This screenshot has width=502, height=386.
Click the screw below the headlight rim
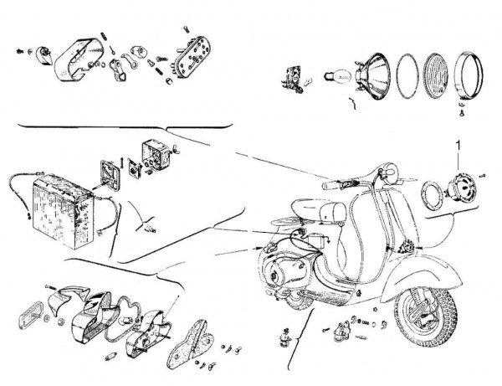click(461, 110)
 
